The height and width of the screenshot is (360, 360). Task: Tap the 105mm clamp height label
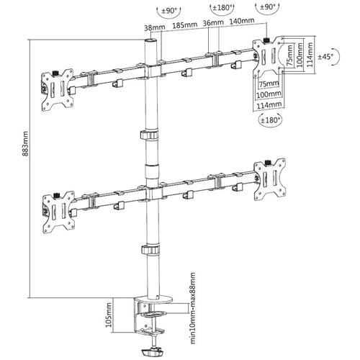107,314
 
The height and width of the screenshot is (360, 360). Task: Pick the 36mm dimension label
211,25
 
